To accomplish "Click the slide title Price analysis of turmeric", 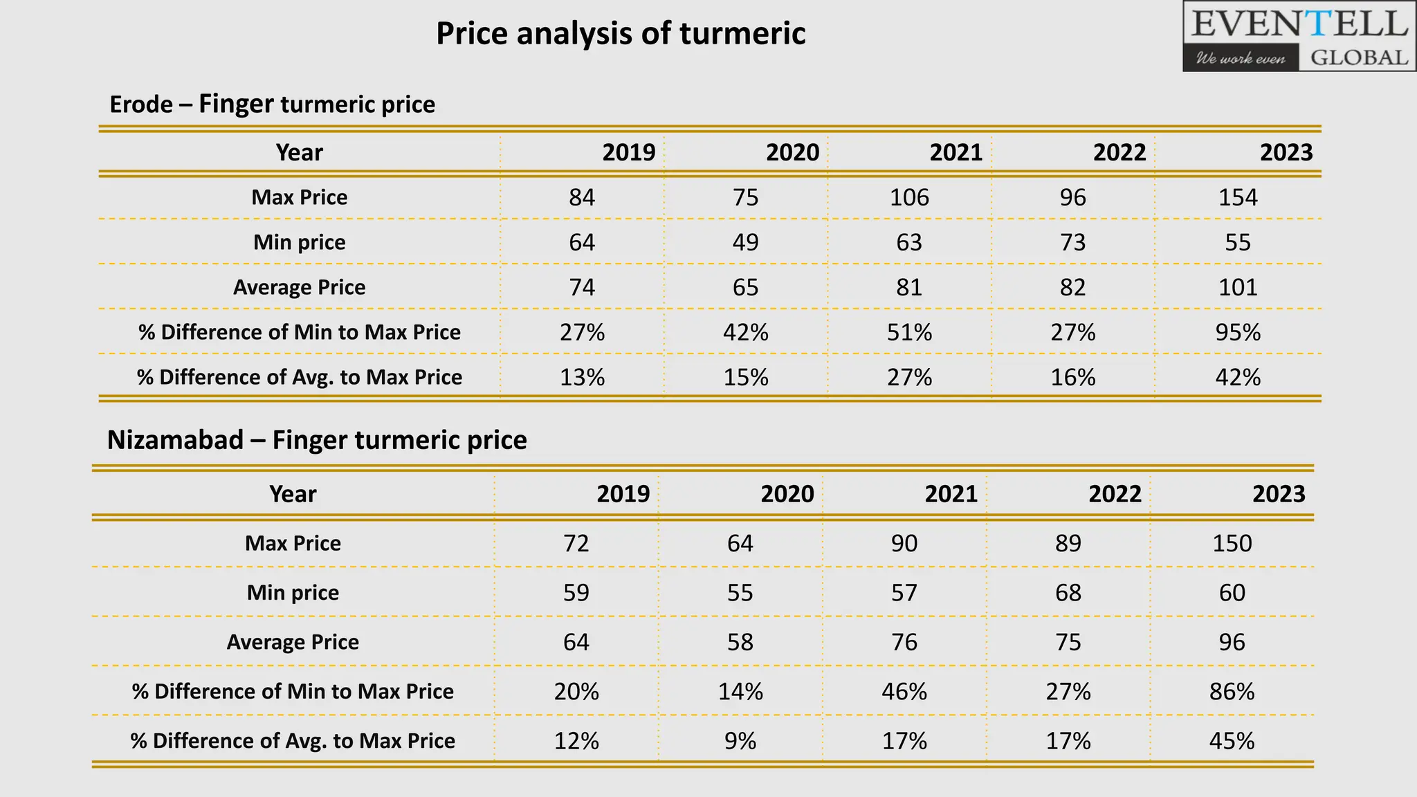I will click(x=621, y=33).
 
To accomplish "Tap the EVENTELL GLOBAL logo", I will click(x=1299, y=37).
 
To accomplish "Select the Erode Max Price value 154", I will click(x=1237, y=197).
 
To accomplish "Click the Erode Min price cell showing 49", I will click(x=745, y=242).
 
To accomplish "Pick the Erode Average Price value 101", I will click(x=1237, y=287).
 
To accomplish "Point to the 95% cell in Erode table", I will click(x=1237, y=332).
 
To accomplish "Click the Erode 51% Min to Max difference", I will click(x=909, y=332).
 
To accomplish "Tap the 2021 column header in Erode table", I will click(x=956, y=152).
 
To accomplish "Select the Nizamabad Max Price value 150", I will click(x=1232, y=543).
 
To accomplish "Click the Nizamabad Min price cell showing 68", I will click(x=1068, y=592).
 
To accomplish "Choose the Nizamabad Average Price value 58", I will click(x=740, y=642).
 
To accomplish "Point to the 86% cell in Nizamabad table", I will click(x=1232, y=691).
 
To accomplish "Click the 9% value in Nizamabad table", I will click(x=740, y=741).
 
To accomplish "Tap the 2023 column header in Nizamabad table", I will click(x=1279, y=494).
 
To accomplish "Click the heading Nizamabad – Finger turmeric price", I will click(x=317, y=440).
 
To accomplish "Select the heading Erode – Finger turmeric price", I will click(x=273, y=104).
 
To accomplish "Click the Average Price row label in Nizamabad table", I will click(x=293, y=642).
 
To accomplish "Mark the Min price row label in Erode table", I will click(x=299, y=242).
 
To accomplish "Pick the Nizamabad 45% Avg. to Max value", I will click(x=1232, y=741).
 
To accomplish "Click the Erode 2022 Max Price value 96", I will click(x=1072, y=197).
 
